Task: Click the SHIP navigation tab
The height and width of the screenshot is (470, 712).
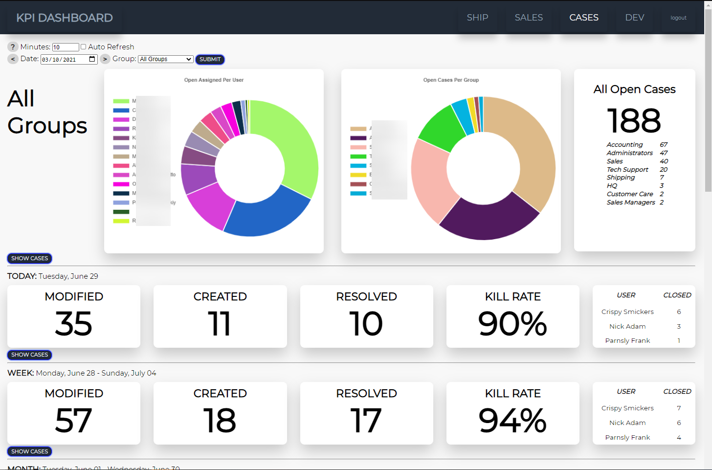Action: (x=477, y=18)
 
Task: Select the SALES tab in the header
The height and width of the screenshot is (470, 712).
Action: (x=529, y=18)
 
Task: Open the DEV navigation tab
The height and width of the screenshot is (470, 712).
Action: (x=634, y=18)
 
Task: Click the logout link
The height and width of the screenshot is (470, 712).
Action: (x=678, y=18)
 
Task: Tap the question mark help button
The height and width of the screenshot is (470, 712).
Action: (x=13, y=47)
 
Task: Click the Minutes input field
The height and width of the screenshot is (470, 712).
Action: (x=66, y=47)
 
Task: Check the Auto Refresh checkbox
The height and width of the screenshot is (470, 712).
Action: (x=83, y=47)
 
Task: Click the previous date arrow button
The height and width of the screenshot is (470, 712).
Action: (x=13, y=59)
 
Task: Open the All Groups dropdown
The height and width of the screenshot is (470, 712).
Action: (x=166, y=59)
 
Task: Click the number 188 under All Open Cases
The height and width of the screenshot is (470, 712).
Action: (x=634, y=121)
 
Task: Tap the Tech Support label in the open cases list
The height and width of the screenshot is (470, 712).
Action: (x=627, y=170)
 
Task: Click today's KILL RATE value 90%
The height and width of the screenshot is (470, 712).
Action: (x=512, y=324)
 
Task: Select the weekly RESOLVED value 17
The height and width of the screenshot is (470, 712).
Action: (x=366, y=421)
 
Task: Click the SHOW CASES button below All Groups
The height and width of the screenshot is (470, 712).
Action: (x=30, y=258)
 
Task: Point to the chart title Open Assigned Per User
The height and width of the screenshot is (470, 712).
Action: (x=214, y=80)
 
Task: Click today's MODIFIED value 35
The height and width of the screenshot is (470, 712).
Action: (x=74, y=324)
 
